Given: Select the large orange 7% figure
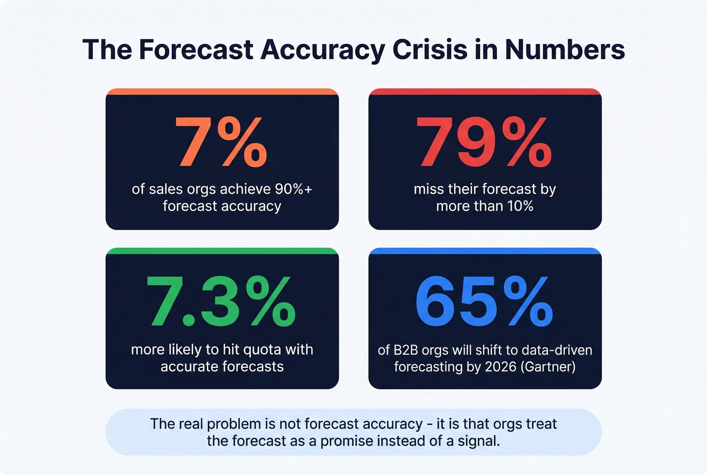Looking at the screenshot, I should [x=221, y=142].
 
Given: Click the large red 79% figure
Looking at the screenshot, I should [x=484, y=142].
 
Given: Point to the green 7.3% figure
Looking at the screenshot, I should [x=221, y=302].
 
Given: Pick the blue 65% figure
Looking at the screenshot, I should [x=484, y=302].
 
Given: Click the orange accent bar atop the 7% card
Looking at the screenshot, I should [x=222, y=92].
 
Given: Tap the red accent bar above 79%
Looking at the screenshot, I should [x=485, y=92].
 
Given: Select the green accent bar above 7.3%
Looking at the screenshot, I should [x=222, y=251].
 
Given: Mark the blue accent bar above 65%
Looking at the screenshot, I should [x=485, y=251].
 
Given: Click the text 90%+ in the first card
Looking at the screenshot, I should [x=293, y=189].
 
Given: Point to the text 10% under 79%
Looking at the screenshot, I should [x=520, y=206].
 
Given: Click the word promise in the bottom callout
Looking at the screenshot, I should [x=347, y=441].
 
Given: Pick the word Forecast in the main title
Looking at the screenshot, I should [x=196, y=50].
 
